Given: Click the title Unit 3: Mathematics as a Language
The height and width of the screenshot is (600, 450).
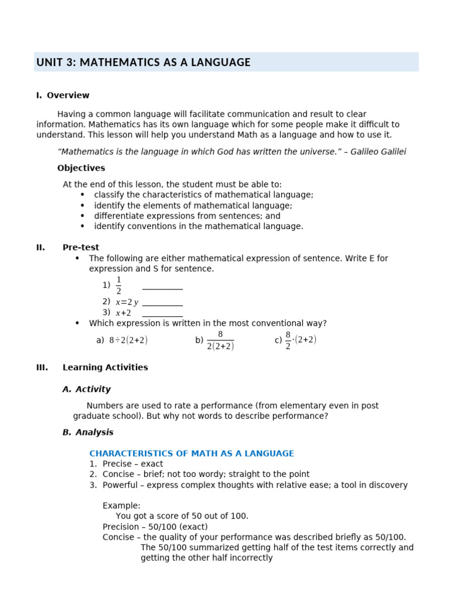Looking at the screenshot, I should (143, 62).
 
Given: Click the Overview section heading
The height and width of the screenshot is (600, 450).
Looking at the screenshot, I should (67, 96).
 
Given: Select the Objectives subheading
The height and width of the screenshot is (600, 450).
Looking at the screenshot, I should (81, 168).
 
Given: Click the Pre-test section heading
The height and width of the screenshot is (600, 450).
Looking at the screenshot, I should (81, 247).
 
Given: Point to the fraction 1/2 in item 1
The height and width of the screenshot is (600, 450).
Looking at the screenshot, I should (118, 285).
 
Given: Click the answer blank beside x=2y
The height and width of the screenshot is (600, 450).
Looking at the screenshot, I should (162, 303).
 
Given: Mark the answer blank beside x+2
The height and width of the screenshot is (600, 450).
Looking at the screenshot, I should (162, 313).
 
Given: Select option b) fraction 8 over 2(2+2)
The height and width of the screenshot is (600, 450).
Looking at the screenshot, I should (220, 340).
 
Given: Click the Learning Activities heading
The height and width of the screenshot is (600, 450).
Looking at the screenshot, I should (105, 367).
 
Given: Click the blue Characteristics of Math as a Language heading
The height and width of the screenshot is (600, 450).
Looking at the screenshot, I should (192, 454).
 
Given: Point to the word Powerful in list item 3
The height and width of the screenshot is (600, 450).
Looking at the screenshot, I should (121, 485).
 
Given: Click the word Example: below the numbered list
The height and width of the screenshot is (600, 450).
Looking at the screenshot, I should (121, 506).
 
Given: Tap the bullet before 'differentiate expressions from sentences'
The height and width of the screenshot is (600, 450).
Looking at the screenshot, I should (83, 216).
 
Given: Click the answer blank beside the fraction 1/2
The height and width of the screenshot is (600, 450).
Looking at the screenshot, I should (162, 287).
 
